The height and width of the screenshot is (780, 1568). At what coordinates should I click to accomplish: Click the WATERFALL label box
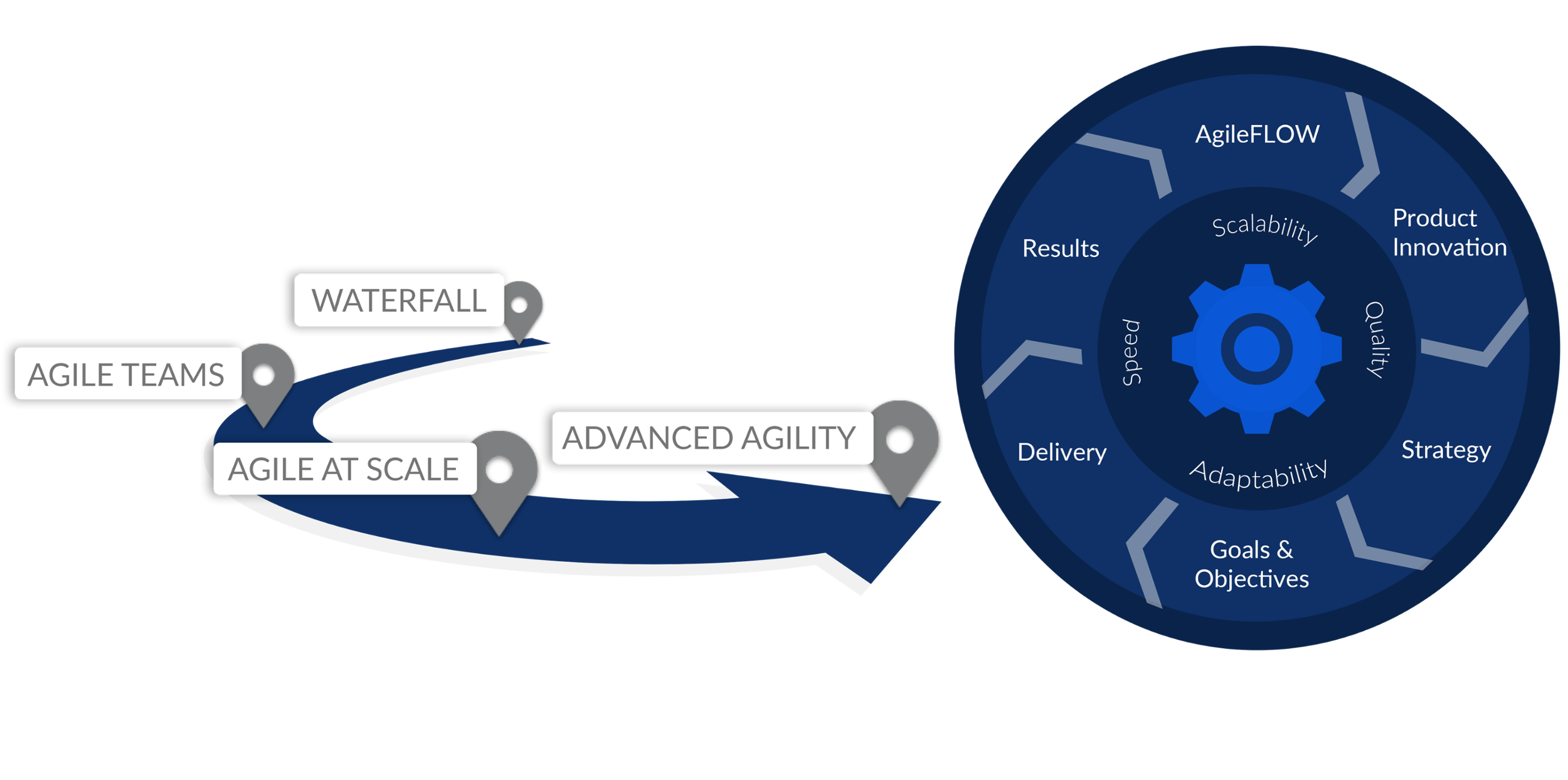pyautogui.click(x=399, y=300)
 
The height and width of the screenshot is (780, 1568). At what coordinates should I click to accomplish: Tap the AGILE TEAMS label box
pyautogui.click(x=127, y=374)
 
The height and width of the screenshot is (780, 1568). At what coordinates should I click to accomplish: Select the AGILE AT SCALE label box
pyautogui.click(x=344, y=469)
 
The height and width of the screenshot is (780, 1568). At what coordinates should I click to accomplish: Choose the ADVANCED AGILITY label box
pyautogui.click(x=711, y=438)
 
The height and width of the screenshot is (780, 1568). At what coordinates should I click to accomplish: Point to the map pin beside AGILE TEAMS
pyautogui.click(x=264, y=376)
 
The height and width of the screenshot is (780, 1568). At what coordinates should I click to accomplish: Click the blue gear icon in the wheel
pyautogui.click(x=1256, y=349)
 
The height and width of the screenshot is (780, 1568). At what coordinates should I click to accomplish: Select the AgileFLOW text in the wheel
pyautogui.click(x=1257, y=134)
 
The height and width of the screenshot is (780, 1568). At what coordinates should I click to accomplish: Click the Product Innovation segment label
pyautogui.click(x=1449, y=233)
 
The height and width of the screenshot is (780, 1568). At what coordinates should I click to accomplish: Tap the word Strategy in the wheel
pyautogui.click(x=1446, y=450)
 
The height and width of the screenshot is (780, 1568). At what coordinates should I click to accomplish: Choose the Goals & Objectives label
pyautogui.click(x=1252, y=564)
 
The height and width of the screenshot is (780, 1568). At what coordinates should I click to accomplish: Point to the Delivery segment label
pyautogui.click(x=1062, y=452)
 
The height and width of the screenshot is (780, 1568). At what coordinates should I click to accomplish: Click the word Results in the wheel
pyautogui.click(x=1061, y=248)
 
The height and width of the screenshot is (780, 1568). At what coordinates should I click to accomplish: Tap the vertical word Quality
pyautogui.click(x=1375, y=339)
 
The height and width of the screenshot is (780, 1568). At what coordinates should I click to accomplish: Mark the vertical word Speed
pyautogui.click(x=1131, y=352)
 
